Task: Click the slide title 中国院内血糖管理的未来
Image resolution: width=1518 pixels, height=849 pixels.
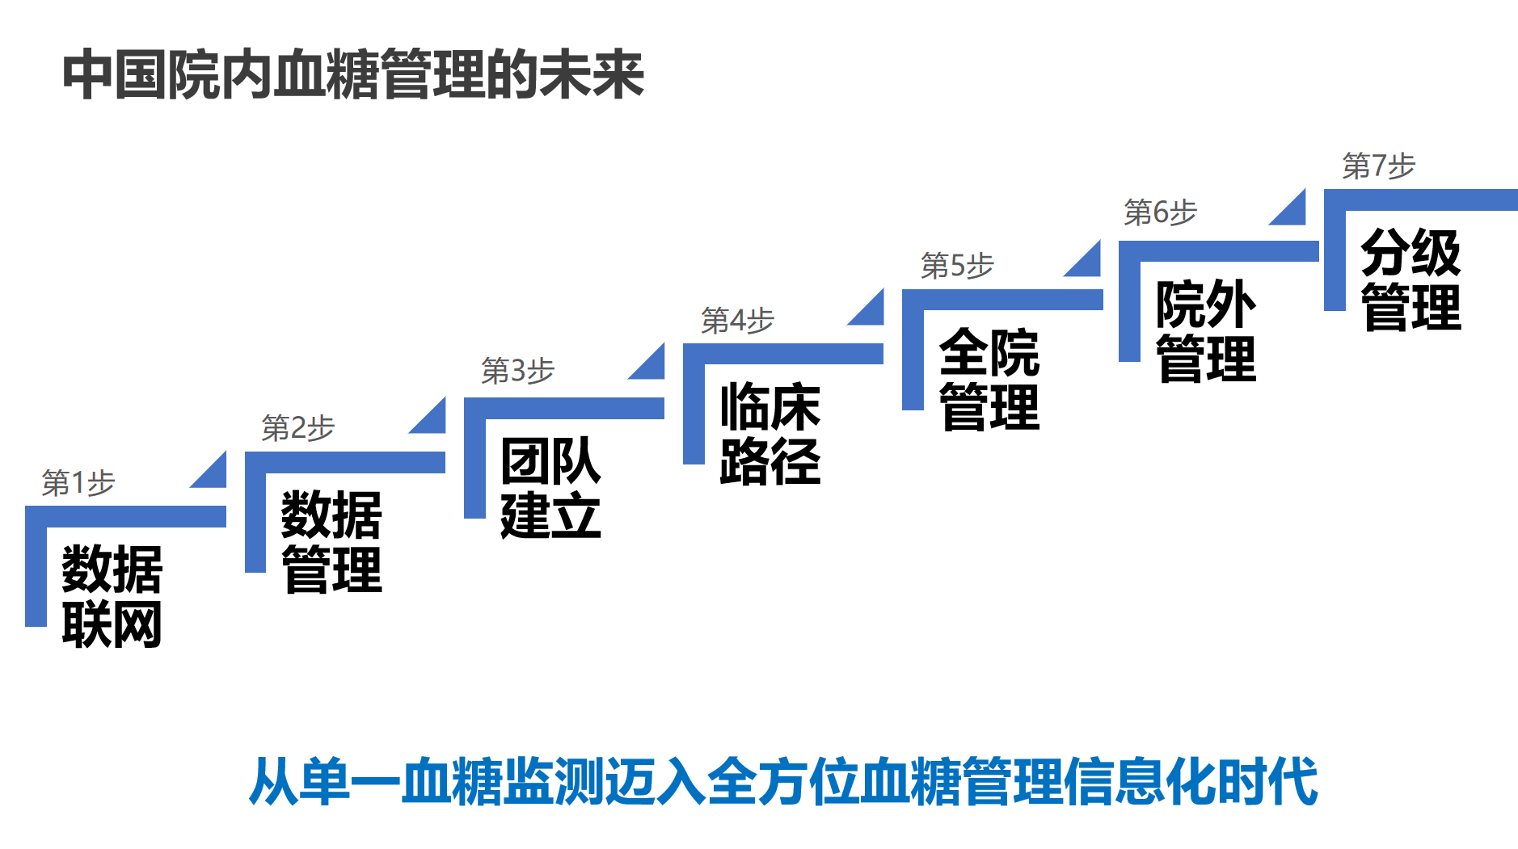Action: (353, 75)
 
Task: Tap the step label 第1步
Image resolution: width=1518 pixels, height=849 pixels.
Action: (78, 483)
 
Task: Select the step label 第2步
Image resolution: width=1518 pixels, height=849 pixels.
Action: (297, 428)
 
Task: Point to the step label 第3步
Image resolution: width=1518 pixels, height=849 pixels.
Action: (517, 371)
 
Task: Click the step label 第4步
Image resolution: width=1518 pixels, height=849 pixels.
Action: (737, 321)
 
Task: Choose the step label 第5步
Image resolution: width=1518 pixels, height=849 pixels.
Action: (957, 266)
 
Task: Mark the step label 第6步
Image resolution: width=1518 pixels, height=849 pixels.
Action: (1160, 212)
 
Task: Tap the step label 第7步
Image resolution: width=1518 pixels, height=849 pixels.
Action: (1379, 166)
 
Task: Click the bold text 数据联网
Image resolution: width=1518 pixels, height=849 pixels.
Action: (112, 596)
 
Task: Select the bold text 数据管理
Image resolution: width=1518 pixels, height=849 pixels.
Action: (331, 542)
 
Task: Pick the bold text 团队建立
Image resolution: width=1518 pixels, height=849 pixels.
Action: (550, 488)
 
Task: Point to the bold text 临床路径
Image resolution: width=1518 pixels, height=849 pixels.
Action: (770, 434)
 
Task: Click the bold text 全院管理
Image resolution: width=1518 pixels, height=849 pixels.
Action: (989, 380)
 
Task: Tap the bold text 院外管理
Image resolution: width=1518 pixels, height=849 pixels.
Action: (1206, 331)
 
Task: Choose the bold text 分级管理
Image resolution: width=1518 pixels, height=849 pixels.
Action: (1411, 280)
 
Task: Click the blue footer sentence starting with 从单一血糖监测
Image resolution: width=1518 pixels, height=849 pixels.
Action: (783, 781)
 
